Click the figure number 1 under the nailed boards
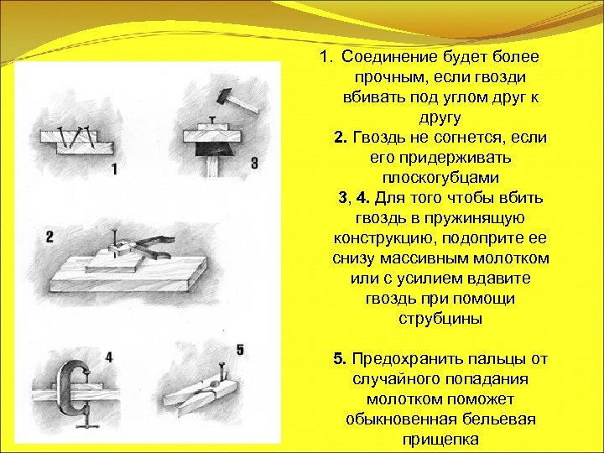click(113, 169)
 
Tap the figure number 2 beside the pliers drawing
click(49, 237)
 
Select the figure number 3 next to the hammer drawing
click(254, 163)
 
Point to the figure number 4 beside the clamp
click(108, 358)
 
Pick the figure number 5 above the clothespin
click(240, 349)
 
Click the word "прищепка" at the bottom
click(440, 439)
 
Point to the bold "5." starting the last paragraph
click(341, 359)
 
